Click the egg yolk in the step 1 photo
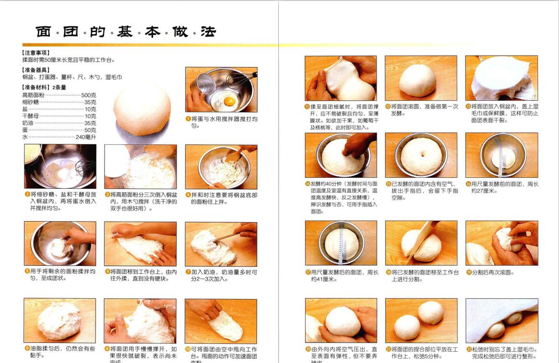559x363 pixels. (230, 101)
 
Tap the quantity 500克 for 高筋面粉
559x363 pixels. (88, 95)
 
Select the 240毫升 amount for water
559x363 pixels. (86, 137)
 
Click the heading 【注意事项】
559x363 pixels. (36, 53)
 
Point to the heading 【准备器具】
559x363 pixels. (36, 70)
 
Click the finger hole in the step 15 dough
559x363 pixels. (421, 155)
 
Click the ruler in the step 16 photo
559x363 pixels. (501, 161)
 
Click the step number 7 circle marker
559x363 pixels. (188, 272)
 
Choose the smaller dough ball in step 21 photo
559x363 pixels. (430, 312)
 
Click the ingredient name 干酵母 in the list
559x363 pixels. (31, 116)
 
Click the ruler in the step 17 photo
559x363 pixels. (342, 245)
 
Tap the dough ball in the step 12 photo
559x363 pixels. (417, 79)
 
